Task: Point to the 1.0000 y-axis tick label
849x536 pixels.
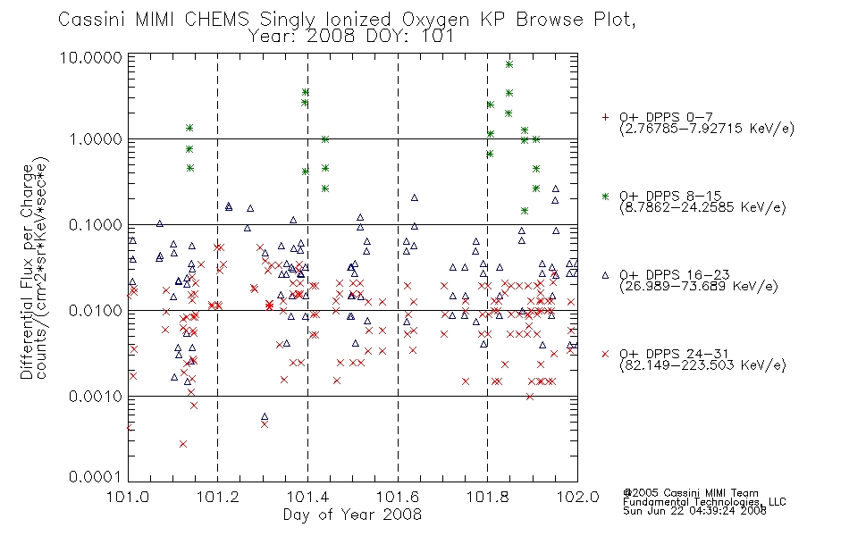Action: tap(96, 139)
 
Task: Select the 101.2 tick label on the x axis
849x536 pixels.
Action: tap(218, 497)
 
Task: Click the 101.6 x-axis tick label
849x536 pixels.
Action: tap(398, 497)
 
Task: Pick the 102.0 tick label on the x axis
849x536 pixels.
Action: tap(577, 497)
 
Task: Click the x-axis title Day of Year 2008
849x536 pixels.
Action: tap(352, 515)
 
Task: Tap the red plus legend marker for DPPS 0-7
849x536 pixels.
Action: tap(605, 117)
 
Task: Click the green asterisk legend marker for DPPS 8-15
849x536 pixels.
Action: tap(605, 196)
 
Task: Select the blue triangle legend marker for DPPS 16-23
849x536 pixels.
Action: tap(605, 275)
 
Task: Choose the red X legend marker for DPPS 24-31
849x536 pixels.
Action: tap(605, 354)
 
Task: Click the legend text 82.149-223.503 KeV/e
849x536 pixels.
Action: tap(702, 365)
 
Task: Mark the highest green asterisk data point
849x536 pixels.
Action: tap(509, 64)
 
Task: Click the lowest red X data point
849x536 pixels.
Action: tap(183, 444)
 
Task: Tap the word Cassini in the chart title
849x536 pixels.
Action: tap(91, 20)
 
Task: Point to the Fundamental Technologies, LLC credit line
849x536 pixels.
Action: tap(704, 502)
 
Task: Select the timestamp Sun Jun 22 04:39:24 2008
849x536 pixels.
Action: tap(694, 511)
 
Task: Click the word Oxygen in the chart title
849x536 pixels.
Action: tap(436, 20)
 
